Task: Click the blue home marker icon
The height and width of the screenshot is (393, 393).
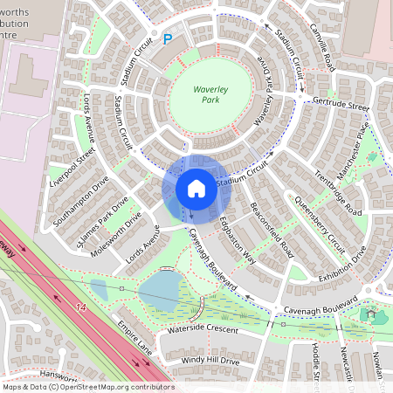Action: point(196,189)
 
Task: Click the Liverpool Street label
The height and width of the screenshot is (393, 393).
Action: point(72,165)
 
